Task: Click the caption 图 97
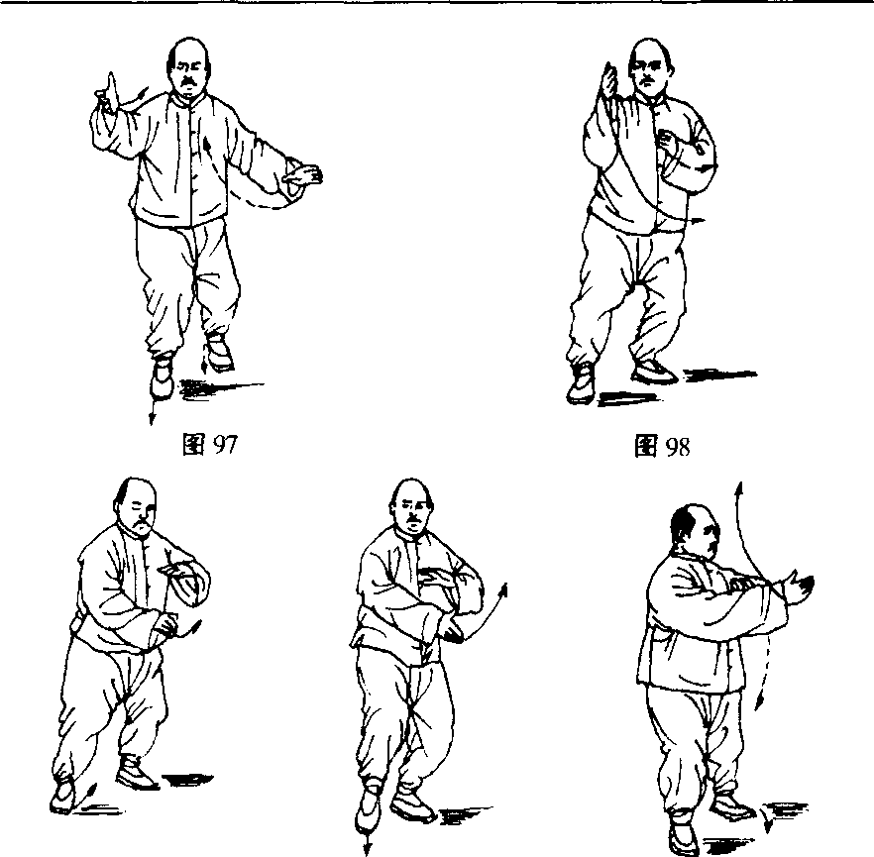[210, 444]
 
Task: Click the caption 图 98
[662, 446]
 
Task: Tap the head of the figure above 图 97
[189, 64]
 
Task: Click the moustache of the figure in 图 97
[188, 82]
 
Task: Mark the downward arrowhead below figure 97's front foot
[151, 418]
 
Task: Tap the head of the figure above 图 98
[650, 65]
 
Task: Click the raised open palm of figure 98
[608, 81]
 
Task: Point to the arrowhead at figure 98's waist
[699, 221]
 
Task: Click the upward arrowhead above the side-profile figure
[740, 488]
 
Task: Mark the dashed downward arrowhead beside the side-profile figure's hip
[759, 703]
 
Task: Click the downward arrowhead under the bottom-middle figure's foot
[367, 848]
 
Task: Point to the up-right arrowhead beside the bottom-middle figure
[502, 589]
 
